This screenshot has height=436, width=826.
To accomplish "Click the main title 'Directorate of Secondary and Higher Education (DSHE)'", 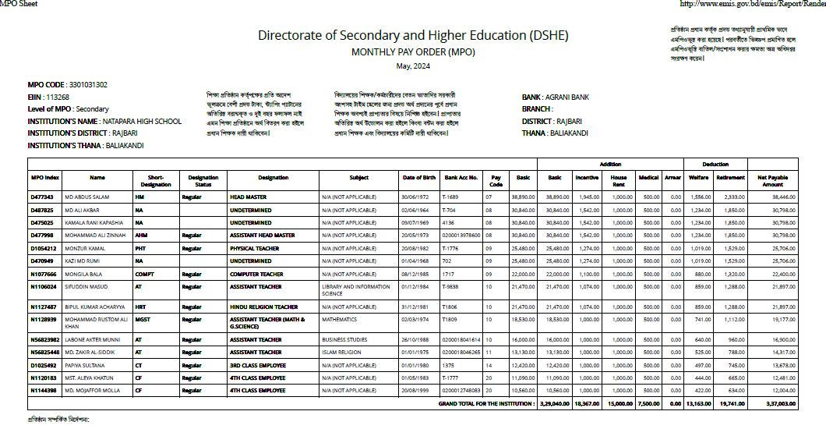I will click(x=413, y=36).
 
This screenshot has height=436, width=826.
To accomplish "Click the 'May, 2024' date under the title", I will click(x=413, y=66).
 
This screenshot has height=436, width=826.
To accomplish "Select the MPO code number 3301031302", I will click(x=88, y=84).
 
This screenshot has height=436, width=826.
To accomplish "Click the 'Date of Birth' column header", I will click(x=418, y=178).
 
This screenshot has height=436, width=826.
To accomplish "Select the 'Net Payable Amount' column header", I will click(x=772, y=181).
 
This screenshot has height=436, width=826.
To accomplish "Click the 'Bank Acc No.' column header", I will click(x=460, y=178).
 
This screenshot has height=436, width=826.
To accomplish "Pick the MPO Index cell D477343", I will click(x=41, y=197).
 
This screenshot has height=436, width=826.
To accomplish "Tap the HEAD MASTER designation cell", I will click(x=248, y=197).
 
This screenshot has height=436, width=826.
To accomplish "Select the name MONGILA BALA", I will click(x=85, y=275).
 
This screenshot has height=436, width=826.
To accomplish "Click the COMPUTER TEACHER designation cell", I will click(x=256, y=275).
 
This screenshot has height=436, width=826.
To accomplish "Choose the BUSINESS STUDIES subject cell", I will click(x=344, y=340).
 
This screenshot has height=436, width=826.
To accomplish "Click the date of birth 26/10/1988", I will click(x=418, y=340).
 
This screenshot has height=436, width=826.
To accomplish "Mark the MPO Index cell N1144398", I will click(x=43, y=390).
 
